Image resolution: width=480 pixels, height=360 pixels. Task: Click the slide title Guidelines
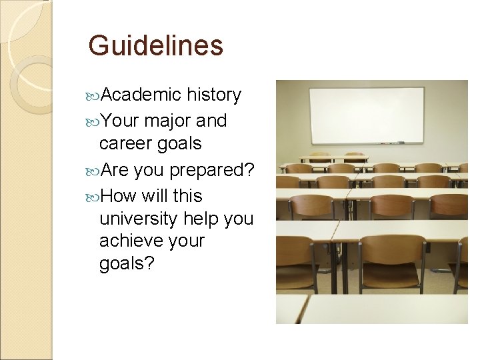coord(155,46)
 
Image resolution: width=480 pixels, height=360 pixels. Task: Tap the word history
coord(214,95)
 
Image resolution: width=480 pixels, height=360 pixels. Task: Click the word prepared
coord(211,171)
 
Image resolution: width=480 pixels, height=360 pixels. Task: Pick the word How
coord(120,196)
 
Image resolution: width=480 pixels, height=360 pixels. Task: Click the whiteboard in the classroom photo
coord(367,115)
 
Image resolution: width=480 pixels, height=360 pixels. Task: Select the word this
coord(187,196)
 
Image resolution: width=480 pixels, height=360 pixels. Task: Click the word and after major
coord(212,121)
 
